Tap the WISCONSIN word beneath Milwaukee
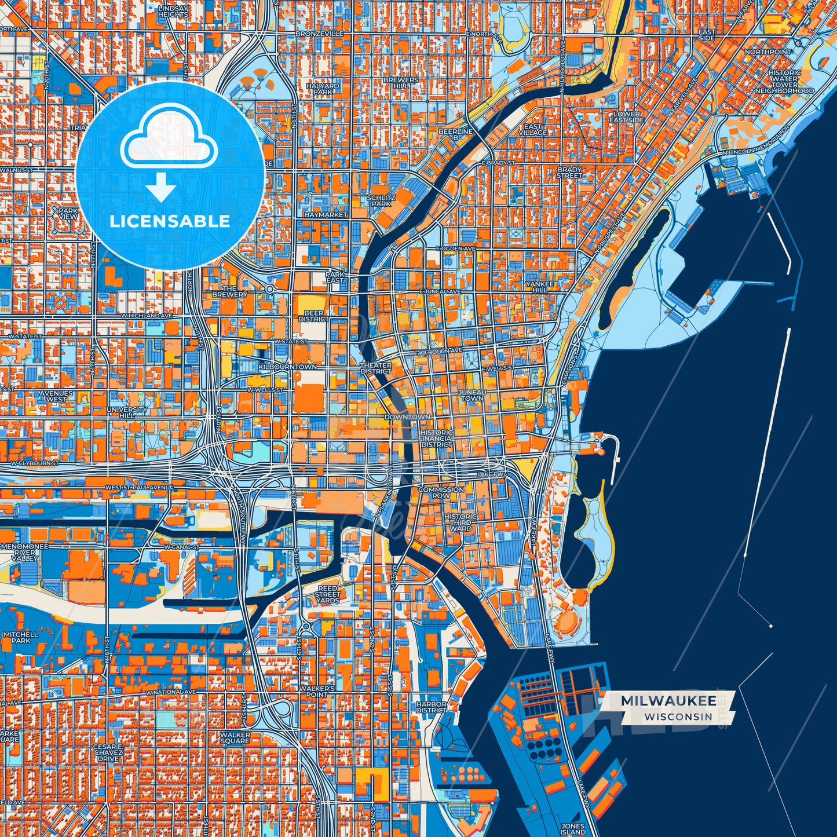678,717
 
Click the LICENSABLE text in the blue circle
170,221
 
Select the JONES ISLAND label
573,829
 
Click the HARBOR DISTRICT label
432,707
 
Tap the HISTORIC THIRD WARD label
461,522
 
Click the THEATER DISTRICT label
376,368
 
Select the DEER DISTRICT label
314,316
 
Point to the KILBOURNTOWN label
288,367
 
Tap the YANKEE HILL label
540,287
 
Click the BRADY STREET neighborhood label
569,172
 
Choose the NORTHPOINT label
768,52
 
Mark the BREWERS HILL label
401,83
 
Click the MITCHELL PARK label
20,638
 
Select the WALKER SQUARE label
235,737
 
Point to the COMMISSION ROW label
441,492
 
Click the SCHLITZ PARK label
381,200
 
